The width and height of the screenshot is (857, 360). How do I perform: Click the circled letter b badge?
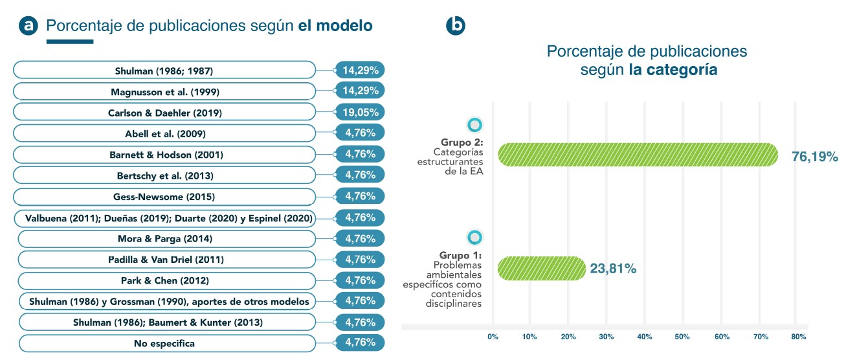[456, 25]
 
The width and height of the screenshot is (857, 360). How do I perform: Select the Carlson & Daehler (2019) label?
[164, 113]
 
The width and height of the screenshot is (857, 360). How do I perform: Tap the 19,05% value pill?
[361, 112]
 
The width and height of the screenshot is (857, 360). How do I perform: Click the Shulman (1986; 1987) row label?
[164, 71]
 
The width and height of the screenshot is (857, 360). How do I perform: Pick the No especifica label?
[164, 343]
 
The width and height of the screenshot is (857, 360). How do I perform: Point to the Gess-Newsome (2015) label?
[164, 197]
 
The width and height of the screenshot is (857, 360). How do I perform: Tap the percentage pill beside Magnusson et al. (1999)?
[361, 91]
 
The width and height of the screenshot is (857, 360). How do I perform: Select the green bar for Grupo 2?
[638, 155]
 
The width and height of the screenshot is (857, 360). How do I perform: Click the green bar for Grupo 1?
[541, 268]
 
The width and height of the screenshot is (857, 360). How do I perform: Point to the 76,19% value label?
[815, 157]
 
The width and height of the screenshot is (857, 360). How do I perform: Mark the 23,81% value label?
[613, 269]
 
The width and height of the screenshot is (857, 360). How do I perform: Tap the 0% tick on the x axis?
[493, 337]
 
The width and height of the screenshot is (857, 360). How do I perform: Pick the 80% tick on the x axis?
[798, 337]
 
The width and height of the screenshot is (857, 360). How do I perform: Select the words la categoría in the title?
[673, 71]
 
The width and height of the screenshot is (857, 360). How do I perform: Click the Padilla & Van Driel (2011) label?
[166, 260]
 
